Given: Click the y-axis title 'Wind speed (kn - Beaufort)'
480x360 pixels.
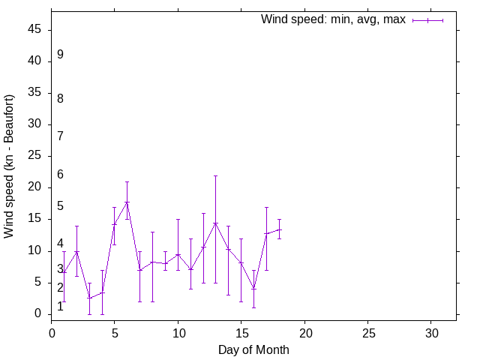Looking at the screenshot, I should (9, 166).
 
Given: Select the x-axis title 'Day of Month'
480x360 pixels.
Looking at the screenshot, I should (253, 349).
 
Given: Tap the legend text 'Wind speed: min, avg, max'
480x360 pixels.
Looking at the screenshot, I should (333, 19).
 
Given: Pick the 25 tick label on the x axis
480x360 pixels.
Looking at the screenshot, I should (367, 331).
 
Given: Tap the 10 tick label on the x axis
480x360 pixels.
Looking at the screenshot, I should (178, 331).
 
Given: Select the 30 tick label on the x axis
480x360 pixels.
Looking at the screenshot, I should (431, 331).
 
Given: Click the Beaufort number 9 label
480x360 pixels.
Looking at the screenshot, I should (60, 55).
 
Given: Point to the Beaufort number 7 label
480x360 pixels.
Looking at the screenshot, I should (60, 136).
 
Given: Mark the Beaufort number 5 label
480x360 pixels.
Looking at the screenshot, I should (60, 205).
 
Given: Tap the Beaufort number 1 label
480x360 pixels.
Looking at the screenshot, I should (60, 306).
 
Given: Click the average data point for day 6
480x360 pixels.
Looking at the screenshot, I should (127, 202).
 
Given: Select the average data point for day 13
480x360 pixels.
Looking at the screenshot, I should (216, 223).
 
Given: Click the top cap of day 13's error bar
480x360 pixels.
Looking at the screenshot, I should (216, 175).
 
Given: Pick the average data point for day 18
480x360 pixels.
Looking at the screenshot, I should (279, 229).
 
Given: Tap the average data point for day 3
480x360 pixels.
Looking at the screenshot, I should (89, 298).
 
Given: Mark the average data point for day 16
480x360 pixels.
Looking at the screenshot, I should (253, 288).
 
